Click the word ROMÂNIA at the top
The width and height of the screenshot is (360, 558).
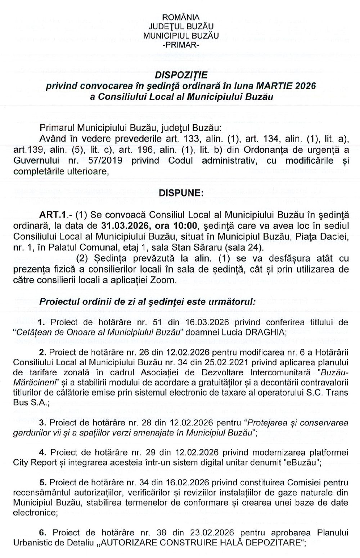click(181, 17)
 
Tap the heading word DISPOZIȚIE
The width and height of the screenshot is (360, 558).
click(181, 76)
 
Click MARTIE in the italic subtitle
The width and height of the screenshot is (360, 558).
click(273, 86)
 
